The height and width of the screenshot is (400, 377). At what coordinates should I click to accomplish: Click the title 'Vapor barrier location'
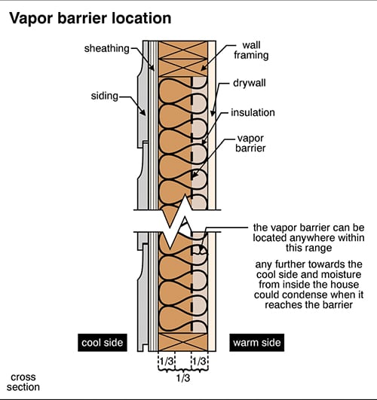pos(90,18)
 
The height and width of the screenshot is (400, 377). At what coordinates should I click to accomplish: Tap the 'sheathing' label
pos(107,48)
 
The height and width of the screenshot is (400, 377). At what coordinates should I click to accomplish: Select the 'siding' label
pos(105,96)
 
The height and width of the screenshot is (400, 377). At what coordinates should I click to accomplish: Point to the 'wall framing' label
pos(251,50)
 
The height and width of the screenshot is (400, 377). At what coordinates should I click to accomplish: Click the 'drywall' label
pos(250,83)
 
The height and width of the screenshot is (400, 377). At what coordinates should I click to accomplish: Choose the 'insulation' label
pos(253,112)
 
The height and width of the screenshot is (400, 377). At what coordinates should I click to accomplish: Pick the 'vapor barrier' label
pos(250,143)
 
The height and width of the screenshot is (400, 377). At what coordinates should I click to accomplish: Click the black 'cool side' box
pos(103,343)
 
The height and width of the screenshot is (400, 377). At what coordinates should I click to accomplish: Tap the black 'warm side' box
pos(256,343)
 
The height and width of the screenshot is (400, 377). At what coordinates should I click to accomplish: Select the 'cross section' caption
pos(23,382)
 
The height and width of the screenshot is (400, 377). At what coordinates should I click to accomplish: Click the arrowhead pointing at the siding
pos(143,111)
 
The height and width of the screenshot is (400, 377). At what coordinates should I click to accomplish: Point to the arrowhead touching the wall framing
pos(204,67)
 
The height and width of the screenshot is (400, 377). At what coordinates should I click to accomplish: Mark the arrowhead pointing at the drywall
pos(213,112)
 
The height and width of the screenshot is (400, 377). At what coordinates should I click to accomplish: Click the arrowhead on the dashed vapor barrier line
pos(195,175)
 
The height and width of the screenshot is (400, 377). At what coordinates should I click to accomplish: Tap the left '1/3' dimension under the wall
pos(167,362)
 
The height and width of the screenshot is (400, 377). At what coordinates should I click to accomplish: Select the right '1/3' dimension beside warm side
pos(200,362)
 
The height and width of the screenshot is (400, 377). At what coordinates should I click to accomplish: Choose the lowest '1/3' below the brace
pos(183,378)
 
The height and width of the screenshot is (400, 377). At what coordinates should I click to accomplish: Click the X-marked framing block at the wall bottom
pos(183,342)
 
